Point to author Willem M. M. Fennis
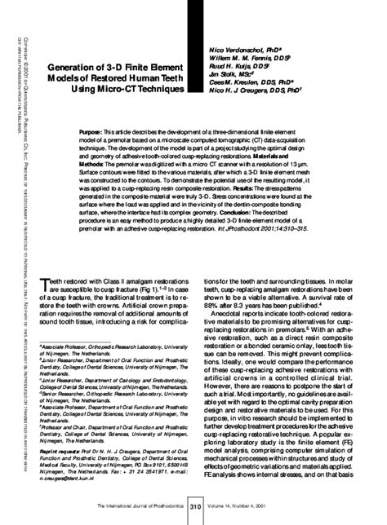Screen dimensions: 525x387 click(241, 61)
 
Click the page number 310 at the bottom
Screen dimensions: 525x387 click(194, 508)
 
